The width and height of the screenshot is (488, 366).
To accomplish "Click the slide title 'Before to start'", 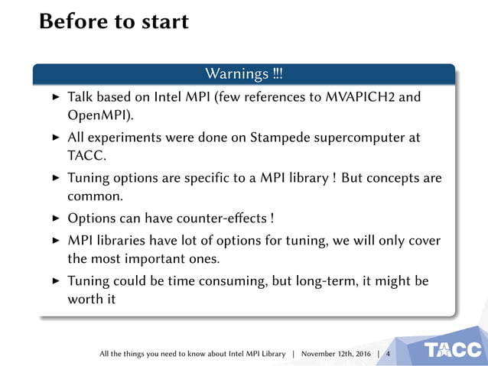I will [114, 21].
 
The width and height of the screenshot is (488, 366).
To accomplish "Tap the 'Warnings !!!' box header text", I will [244, 74].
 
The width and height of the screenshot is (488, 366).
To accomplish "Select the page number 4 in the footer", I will [388, 354].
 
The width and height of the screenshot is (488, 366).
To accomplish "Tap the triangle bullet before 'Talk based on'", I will [54, 99].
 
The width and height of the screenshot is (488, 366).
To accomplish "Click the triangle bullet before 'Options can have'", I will [54, 219].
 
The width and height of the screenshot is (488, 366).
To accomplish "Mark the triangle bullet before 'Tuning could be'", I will [54, 280].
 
